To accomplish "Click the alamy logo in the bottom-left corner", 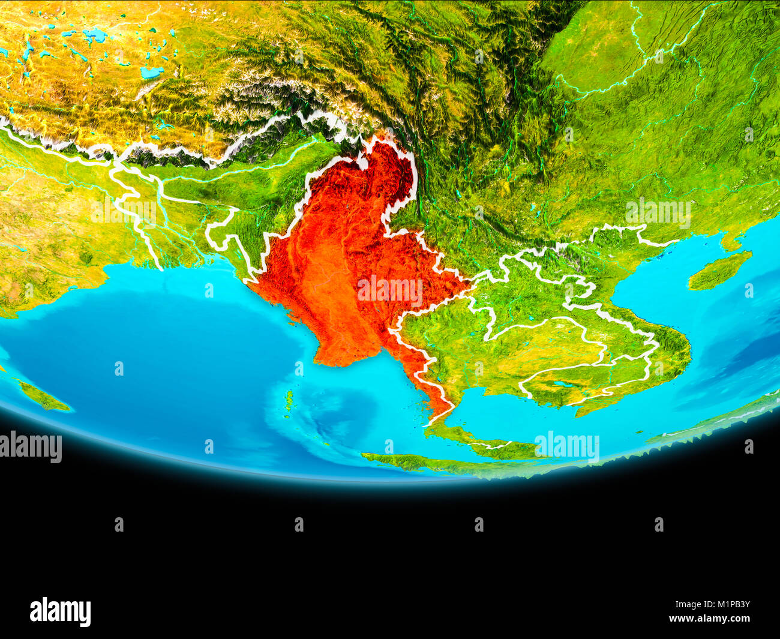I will click(60, 611).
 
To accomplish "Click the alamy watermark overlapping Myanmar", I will click(390, 290).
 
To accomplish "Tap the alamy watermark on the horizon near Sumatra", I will click(567, 447).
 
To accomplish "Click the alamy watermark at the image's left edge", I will click(30, 448).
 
